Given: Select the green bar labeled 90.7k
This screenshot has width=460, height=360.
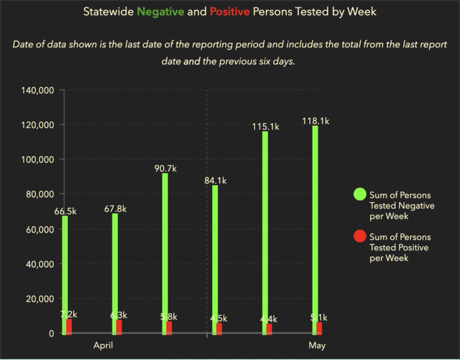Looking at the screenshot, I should (x=165, y=252).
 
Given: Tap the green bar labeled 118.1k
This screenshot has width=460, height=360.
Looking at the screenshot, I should (x=315, y=228).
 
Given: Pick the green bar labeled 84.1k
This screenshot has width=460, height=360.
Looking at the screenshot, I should (x=215, y=258).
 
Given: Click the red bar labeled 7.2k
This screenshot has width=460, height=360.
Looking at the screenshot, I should (x=69, y=326).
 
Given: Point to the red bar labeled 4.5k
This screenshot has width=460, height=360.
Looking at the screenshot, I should (x=220, y=328).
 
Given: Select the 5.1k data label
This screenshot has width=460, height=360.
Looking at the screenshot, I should (x=317, y=317).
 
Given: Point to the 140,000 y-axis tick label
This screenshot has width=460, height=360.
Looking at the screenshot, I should (x=38, y=90).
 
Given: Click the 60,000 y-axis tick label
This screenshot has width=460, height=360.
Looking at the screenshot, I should (x=41, y=229).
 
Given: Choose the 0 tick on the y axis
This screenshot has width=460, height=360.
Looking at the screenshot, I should (x=52, y=334).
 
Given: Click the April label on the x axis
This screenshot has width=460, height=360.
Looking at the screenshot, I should (x=103, y=346).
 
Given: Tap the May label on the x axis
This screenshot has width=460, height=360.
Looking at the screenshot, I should (x=317, y=346).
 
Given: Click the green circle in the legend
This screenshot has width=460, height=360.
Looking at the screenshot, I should (x=359, y=194).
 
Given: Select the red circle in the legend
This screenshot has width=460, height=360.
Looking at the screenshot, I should (x=359, y=236).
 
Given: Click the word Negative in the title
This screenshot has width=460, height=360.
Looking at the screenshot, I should (x=160, y=11).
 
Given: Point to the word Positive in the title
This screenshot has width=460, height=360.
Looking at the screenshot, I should (x=229, y=11).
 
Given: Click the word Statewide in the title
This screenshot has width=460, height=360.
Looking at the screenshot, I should (x=108, y=11).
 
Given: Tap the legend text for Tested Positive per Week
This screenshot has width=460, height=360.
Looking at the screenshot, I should (x=399, y=247).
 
